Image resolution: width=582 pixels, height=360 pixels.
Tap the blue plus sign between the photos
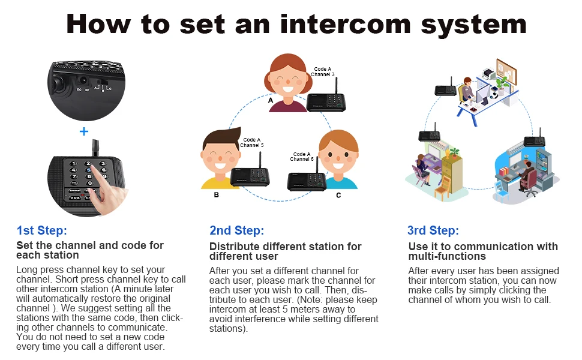[x=84, y=131]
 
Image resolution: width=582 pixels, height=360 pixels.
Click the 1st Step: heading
[x=41, y=230]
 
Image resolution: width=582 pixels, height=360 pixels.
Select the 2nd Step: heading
[x=236, y=230]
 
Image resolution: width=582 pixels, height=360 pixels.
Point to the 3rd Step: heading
[x=433, y=230]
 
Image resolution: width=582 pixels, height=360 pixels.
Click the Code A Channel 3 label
[x=323, y=72]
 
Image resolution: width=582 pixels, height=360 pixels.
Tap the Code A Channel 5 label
[x=251, y=143]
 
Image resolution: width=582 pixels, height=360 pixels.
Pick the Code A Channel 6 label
[x=301, y=157]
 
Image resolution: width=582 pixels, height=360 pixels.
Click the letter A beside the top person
[x=271, y=101]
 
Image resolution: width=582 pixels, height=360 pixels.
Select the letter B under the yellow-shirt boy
[x=216, y=195]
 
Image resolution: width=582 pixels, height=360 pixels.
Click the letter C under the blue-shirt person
[x=338, y=195]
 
